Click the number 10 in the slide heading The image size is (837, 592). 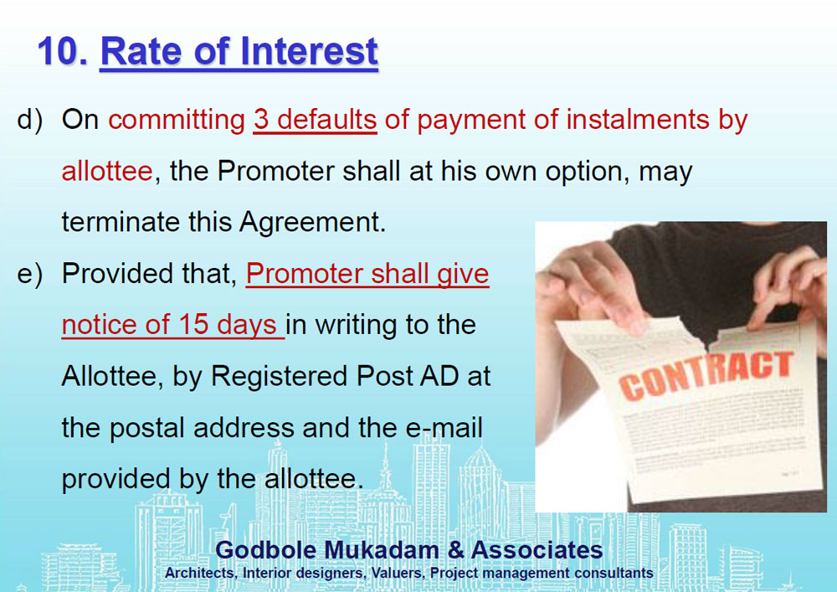point(63,52)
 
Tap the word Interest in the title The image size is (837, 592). point(309,52)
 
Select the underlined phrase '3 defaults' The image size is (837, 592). point(315,120)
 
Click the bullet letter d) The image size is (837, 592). point(30,120)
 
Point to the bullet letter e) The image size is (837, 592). point(30,274)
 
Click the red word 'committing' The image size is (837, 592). point(177,121)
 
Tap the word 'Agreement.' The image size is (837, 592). point(312,223)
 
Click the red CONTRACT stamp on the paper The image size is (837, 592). point(706,375)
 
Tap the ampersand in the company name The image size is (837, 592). point(456,550)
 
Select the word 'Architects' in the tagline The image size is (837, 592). point(201,574)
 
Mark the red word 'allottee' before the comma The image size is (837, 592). point(107,172)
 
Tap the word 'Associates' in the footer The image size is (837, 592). point(537,550)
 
